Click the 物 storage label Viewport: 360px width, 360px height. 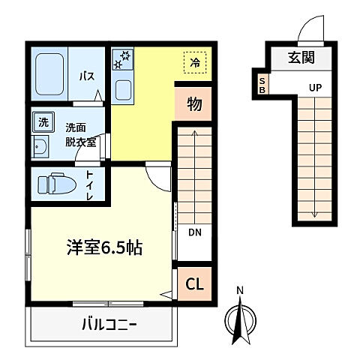click(x=193, y=105)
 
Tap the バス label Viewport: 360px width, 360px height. click(x=86, y=75)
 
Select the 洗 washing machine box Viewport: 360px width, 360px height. click(x=41, y=121)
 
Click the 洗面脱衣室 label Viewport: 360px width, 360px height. click(x=80, y=135)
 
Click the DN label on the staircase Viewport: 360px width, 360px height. click(x=194, y=232)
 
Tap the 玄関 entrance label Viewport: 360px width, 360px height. click(x=304, y=56)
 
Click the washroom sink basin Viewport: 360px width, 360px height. click(x=40, y=146)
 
